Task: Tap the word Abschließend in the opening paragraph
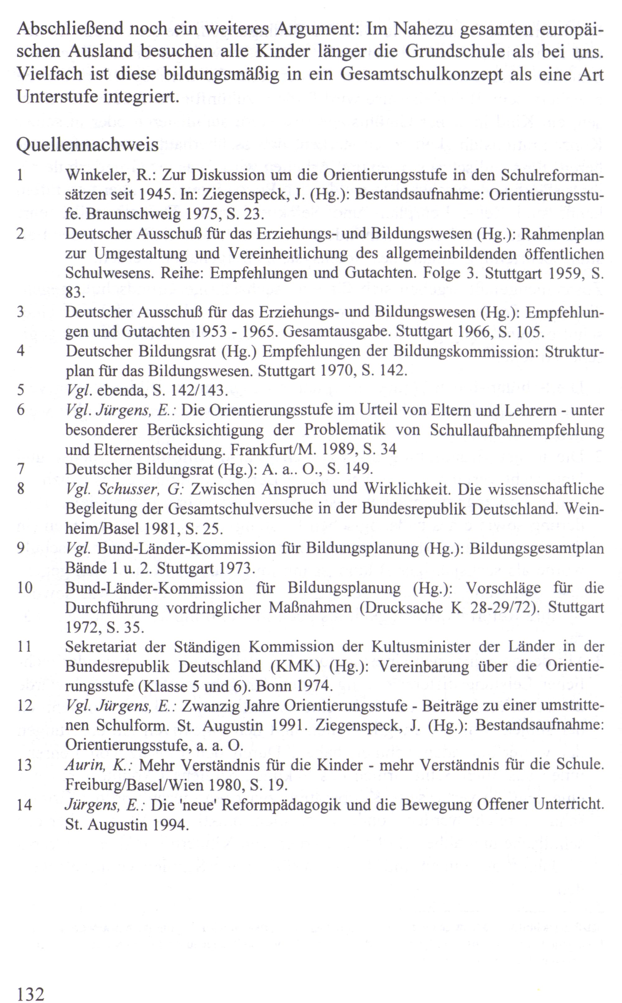tap(70, 29)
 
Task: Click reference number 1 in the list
tap(20, 176)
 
